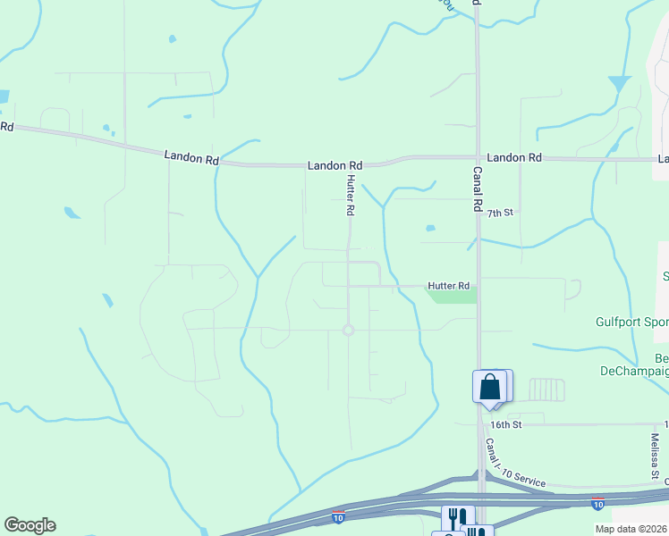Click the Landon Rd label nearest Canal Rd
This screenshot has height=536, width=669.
(x=514, y=157)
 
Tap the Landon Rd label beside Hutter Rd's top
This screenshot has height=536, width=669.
(x=335, y=165)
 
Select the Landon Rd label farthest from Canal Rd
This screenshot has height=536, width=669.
(x=191, y=158)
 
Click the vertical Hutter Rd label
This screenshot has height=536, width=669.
(x=351, y=197)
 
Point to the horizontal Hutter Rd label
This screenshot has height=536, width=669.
(x=449, y=286)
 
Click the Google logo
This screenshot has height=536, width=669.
(x=30, y=525)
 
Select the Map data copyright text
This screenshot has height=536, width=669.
(x=631, y=529)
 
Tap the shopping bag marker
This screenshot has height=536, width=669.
(x=489, y=386)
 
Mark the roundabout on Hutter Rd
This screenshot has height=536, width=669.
(x=348, y=331)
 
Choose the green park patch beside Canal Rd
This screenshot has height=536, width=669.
(x=453, y=296)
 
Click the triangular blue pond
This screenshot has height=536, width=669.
(x=618, y=84)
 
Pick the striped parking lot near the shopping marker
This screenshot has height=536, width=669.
(x=546, y=389)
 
